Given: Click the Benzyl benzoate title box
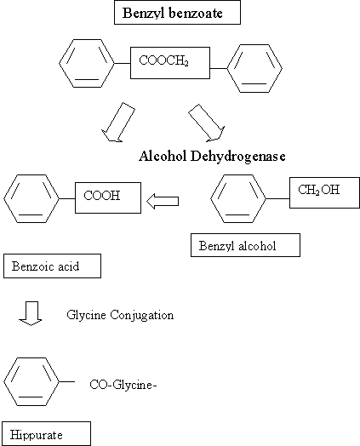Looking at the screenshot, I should pos(177,14).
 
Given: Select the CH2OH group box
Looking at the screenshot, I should pos(320,191).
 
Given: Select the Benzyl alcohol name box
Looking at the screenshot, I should pos(245,245).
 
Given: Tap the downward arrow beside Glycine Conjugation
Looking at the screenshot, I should pos(31,316).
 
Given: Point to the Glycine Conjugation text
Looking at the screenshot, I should pos(120,315).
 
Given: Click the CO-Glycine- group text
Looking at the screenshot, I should pos(124,385).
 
